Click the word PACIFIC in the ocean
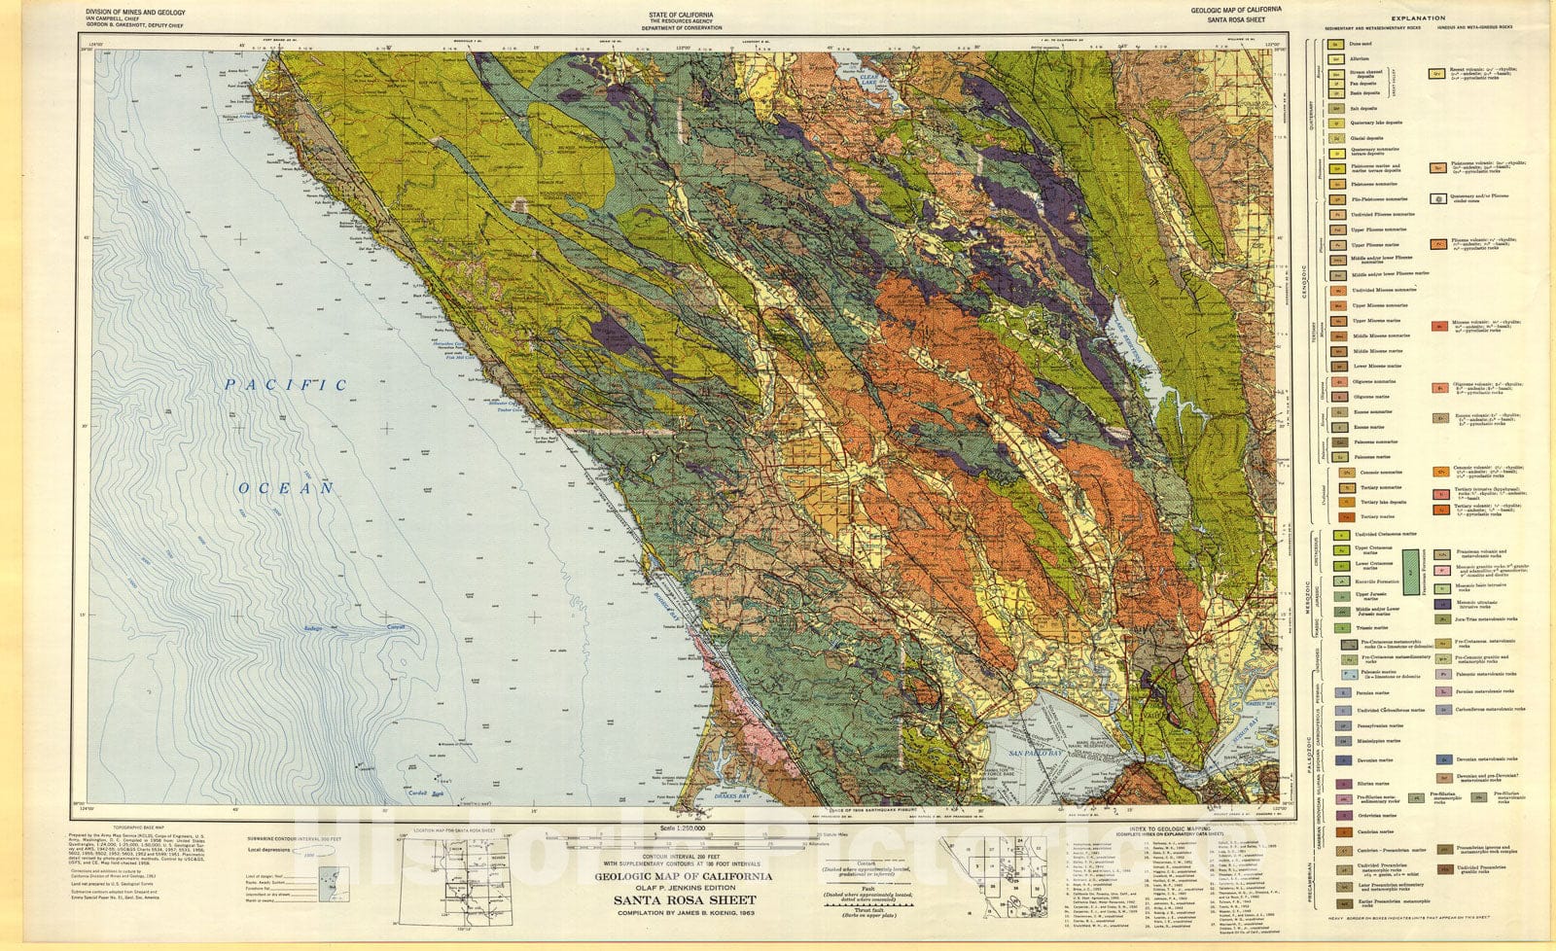pos(286,385)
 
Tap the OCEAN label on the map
pos(286,488)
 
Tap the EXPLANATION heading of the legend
pos(1417,18)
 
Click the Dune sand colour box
pos(1337,44)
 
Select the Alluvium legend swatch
pos(1337,58)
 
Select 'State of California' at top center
pos(681,15)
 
